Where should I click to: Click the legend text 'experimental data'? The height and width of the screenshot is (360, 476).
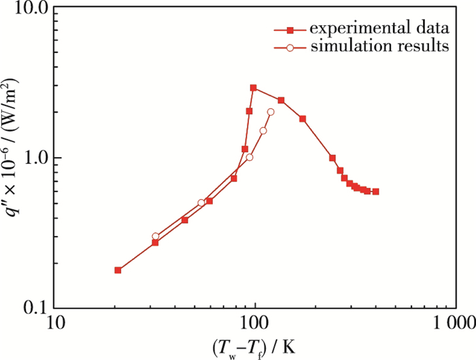click(x=378, y=29)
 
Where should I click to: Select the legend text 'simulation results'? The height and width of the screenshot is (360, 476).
click(x=379, y=47)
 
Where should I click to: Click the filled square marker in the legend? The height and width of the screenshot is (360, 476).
click(x=290, y=29)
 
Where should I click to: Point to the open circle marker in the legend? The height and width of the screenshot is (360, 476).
click(x=290, y=48)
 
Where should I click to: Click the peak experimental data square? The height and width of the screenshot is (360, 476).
click(x=253, y=88)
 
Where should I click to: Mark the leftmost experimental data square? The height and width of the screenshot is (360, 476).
click(x=118, y=270)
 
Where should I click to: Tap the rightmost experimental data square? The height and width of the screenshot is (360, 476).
click(x=375, y=192)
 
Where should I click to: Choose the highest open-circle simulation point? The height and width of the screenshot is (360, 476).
click(x=271, y=112)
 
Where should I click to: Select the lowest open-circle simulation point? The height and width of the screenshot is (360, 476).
click(x=155, y=236)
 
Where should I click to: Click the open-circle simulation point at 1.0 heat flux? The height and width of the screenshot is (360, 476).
click(x=250, y=157)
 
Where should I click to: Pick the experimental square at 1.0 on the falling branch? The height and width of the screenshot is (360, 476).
click(x=333, y=158)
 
